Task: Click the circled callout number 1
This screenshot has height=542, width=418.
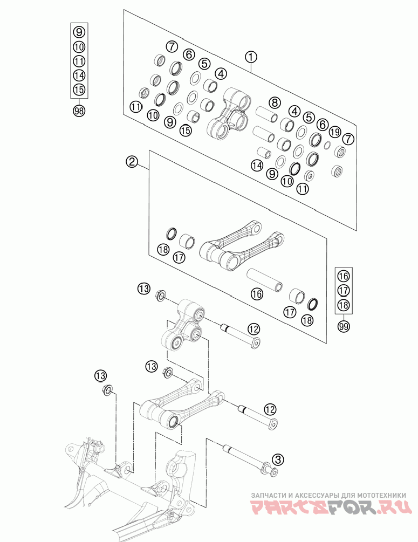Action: click(251, 57)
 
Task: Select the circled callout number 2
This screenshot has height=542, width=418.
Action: click(132, 161)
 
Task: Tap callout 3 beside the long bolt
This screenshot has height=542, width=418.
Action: click(278, 459)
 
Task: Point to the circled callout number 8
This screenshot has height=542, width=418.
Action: click(275, 102)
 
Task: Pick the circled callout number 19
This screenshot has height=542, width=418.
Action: click(335, 132)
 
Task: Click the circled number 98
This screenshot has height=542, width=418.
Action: click(79, 111)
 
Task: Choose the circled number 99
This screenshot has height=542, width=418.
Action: click(344, 326)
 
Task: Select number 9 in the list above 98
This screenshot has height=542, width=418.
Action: click(79, 32)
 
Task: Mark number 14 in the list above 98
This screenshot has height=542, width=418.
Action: click(79, 76)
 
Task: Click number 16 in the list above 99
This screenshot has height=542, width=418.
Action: click(344, 276)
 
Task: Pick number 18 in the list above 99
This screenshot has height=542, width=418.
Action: click(344, 305)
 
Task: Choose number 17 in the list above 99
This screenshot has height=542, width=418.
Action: click(344, 291)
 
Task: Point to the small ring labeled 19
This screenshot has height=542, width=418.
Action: click(327, 146)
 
